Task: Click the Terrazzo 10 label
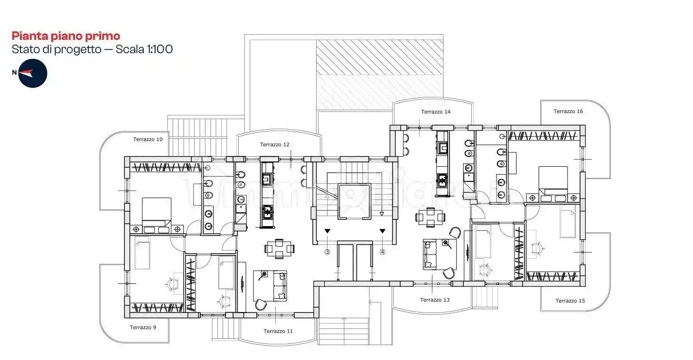click(x=148, y=139)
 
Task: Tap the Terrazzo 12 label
click(x=274, y=144)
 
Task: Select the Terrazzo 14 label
click(x=435, y=112)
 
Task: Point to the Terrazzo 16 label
click(x=568, y=111)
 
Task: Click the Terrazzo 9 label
click(x=143, y=327)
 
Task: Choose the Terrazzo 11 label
click(x=278, y=331)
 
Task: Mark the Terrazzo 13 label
click(x=434, y=300)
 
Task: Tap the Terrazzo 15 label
click(x=570, y=301)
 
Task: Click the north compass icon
click(x=32, y=73)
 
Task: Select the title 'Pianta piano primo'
click(x=66, y=36)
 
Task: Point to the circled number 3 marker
click(x=327, y=252)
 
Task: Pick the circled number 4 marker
click(x=383, y=252)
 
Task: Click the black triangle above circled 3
click(x=327, y=231)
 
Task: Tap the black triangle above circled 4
click(x=383, y=231)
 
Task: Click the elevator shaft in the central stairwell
click(x=354, y=201)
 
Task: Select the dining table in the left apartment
click(x=280, y=248)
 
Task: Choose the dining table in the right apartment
click(x=431, y=217)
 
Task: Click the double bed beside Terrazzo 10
click(x=157, y=212)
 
